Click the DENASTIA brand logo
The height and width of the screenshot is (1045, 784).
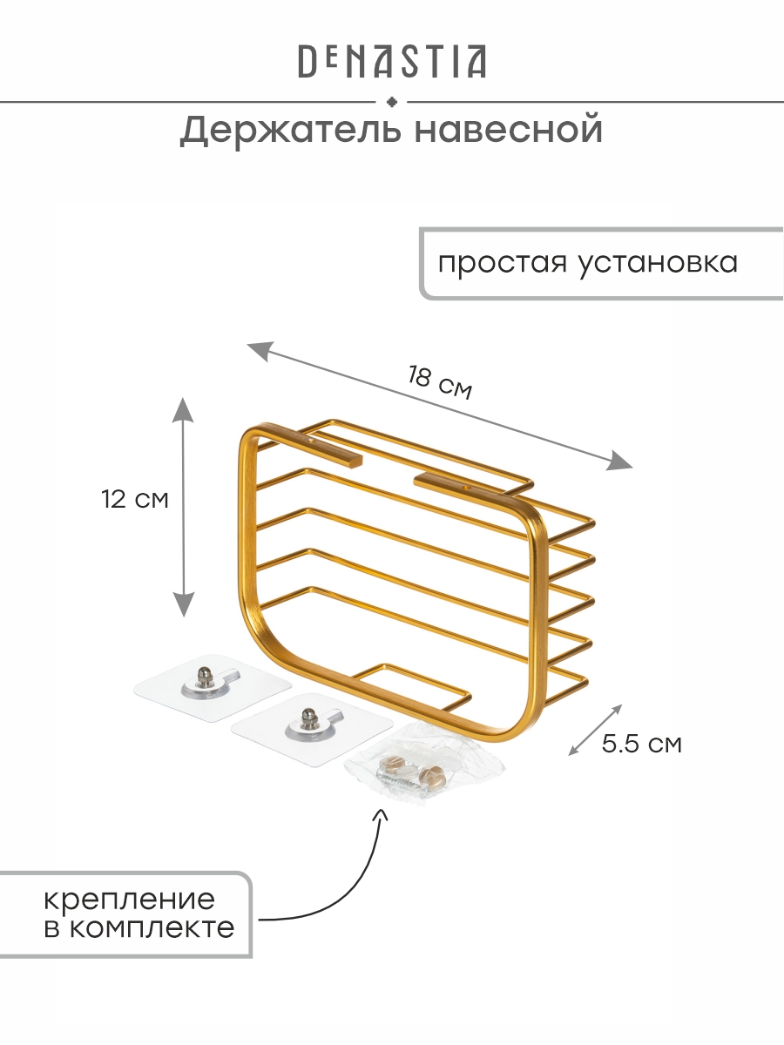(x=392, y=62)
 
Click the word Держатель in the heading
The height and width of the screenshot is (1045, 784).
(x=290, y=131)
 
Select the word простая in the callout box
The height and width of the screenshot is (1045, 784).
(x=503, y=263)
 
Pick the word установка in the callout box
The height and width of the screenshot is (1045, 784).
(x=659, y=263)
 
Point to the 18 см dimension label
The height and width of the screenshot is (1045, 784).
(x=440, y=381)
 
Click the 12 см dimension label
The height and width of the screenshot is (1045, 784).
(x=135, y=499)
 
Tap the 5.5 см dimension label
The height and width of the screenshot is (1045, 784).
(x=642, y=743)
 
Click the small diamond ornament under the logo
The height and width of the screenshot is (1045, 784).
(x=391, y=102)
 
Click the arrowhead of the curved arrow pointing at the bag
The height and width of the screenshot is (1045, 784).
(x=382, y=813)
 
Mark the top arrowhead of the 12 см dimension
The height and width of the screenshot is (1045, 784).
(x=183, y=409)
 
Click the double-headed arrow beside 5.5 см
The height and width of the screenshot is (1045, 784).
(x=595, y=730)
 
